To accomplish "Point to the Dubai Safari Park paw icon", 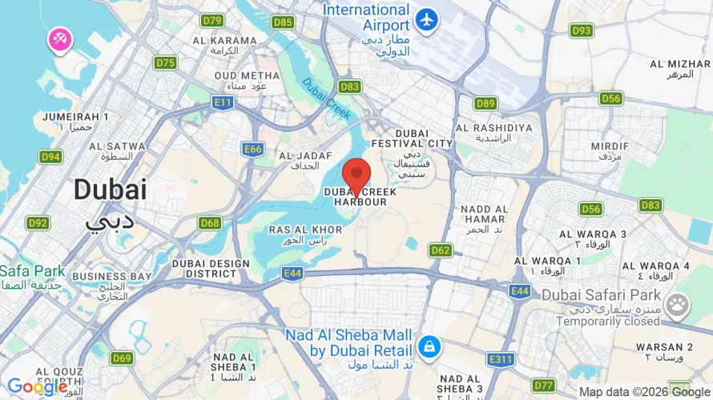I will [x=678, y=304].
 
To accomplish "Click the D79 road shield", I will [x=212, y=21].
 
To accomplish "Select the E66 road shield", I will [x=253, y=149].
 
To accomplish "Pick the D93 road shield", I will [x=582, y=30].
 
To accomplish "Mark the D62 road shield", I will [x=441, y=250].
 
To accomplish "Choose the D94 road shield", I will [x=50, y=157].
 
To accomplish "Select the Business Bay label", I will [x=111, y=277].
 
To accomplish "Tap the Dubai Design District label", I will [x=200, y=267].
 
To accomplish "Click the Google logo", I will [x=37, y=387].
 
